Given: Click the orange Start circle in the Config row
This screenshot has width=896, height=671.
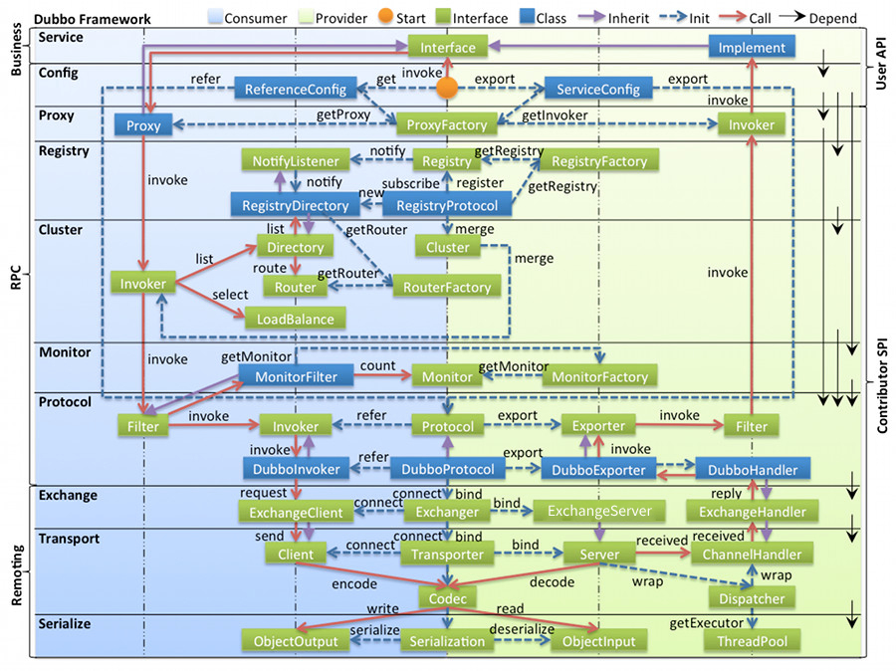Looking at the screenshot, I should point(448,90).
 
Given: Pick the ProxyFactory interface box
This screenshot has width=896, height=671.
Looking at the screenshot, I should point(448,125).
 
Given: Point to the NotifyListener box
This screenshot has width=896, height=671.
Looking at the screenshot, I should point(295,161).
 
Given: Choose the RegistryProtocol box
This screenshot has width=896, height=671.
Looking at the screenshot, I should point(447,206).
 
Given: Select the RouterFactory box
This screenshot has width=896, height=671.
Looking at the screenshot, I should point(447,288).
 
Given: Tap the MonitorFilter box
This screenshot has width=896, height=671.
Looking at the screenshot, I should point(296,377).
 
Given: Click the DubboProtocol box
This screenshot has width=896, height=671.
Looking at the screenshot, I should point(447,469).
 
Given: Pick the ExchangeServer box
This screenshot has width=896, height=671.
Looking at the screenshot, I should point(599,512).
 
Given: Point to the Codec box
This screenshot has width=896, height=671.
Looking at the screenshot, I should point(447,598).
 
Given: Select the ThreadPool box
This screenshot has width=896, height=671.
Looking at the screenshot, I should point(752,642).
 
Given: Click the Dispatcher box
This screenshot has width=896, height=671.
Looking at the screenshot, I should point(752,598).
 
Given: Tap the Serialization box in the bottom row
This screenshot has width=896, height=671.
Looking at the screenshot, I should point(447,642).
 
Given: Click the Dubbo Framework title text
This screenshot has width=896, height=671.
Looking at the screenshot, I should point(92,18).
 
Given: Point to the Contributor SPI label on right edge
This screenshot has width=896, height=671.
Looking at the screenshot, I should point(882,383).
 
